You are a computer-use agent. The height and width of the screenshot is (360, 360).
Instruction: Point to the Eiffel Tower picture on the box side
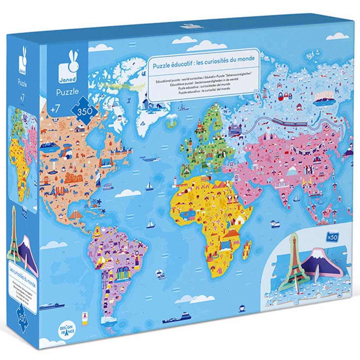(x=14, y=232)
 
